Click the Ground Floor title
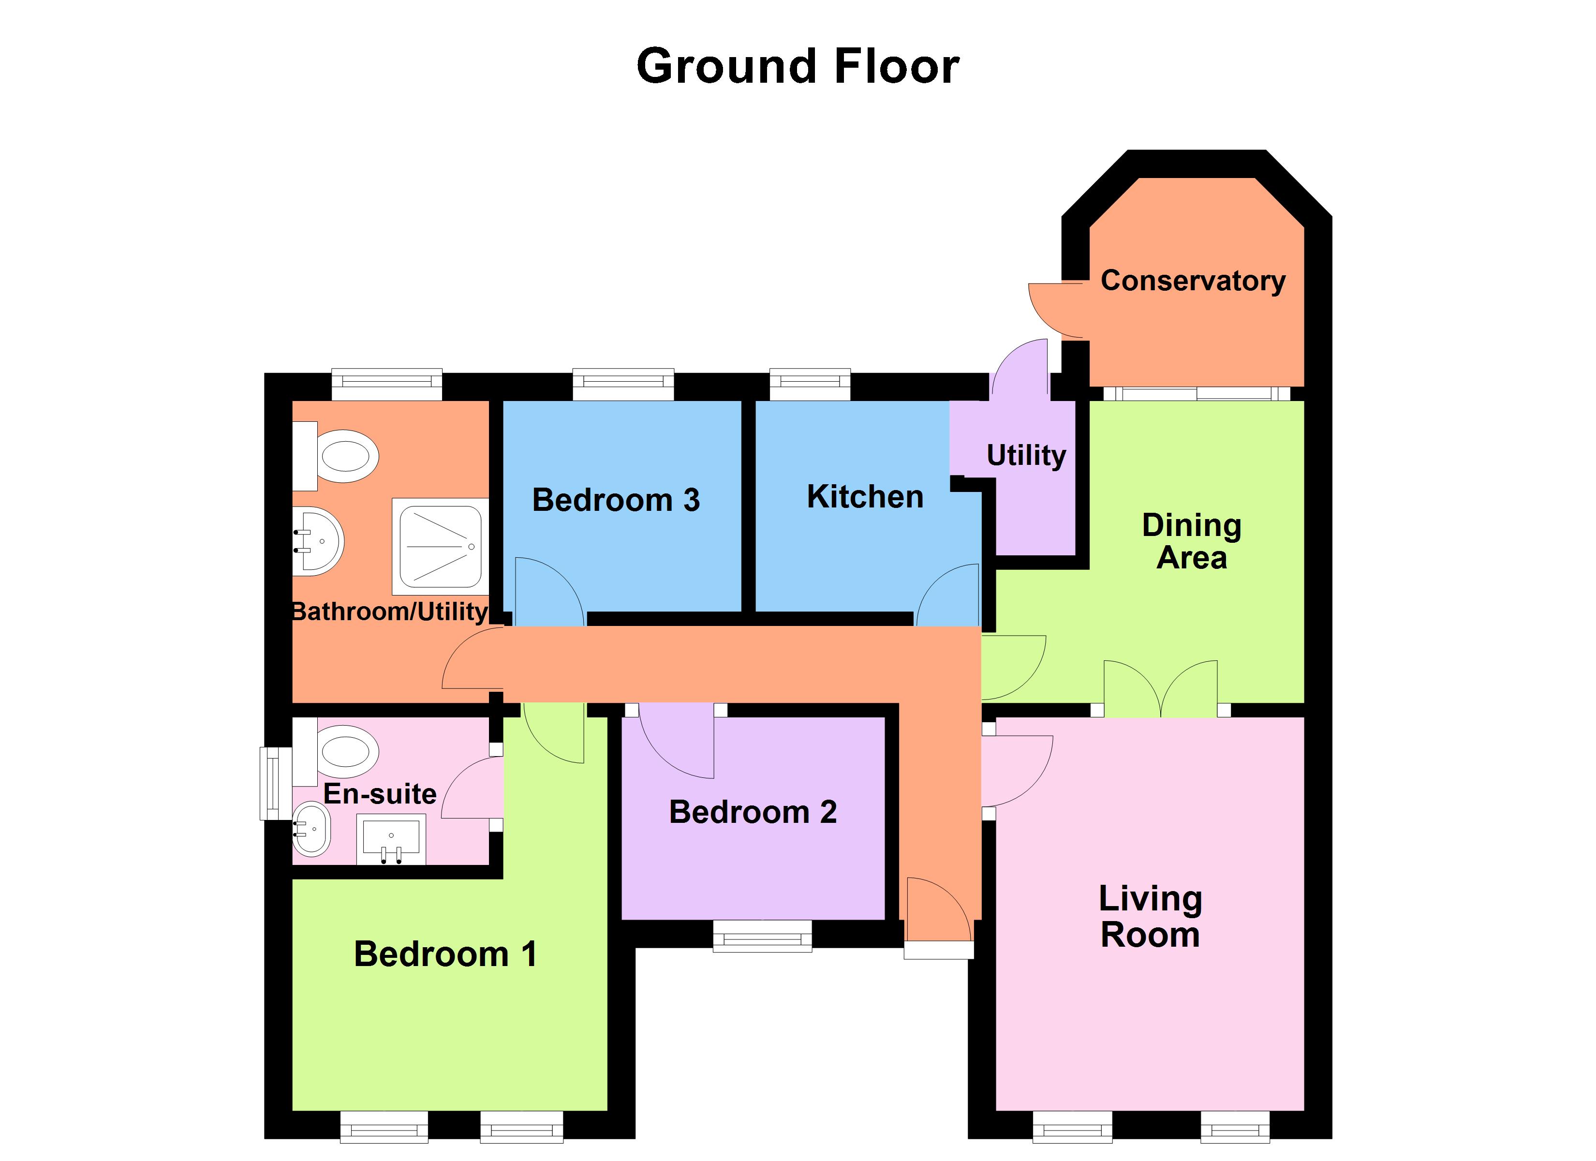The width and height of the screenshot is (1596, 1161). click(x=798, y=66)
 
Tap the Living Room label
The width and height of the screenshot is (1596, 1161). click(x=1150, y=917)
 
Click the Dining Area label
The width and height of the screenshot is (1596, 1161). click(x=1191, y=541)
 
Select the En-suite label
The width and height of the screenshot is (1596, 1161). click(x=380, y=793)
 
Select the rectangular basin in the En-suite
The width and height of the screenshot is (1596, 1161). click(x=391, y=838)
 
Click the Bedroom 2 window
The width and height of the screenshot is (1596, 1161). click(x=762, y=937)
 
